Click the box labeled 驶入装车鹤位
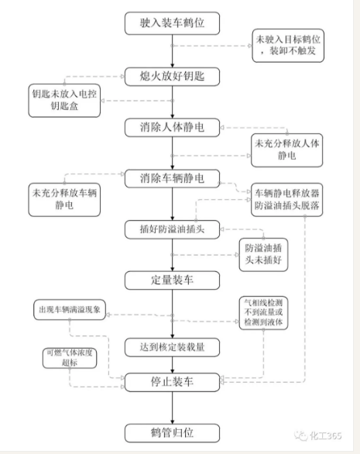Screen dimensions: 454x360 172,24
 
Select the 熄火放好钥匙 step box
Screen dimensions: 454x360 172,76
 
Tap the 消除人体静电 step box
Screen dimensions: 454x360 172,126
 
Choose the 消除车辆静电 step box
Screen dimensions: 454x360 172,177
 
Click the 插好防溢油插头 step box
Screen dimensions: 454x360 172,229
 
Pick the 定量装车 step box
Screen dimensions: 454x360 172,279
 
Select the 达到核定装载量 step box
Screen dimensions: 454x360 172,346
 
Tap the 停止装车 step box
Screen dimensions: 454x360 172,381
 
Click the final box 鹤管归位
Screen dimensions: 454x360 172,431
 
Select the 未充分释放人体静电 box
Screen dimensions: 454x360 279,150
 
